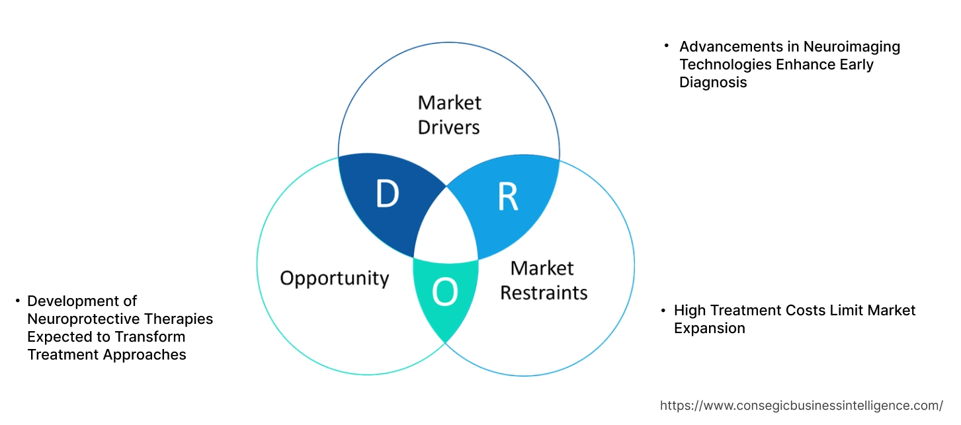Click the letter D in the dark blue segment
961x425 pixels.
click(x=387, y=194)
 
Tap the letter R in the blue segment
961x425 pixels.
click(x=507, y=196)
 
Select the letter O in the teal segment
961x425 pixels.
click(x=444, y=293)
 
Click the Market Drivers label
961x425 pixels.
click(x=449, y=114)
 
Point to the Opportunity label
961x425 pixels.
click(x=334, y=278)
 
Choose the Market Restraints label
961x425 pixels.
click(x=543, y=280)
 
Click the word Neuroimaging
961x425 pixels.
click(x=851, y=47)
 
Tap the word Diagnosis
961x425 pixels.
click(x=713, y=83)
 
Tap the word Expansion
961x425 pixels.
click(x=709, y=328)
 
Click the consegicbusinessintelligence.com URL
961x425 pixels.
click(x=802, y=406)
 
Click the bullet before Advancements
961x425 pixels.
click(x=667, y=46)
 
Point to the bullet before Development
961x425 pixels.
click(x=17, y=301)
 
